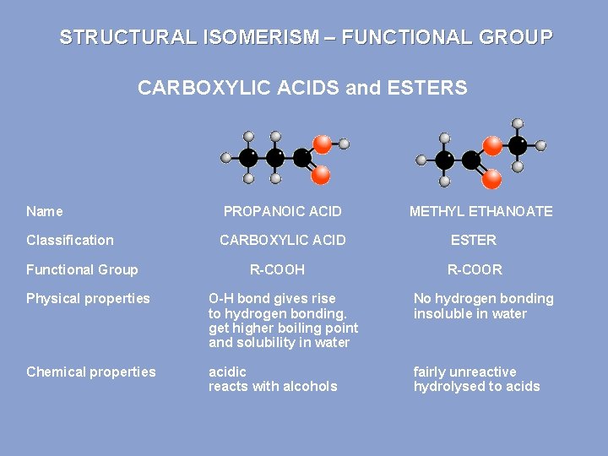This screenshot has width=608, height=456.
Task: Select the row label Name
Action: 44,211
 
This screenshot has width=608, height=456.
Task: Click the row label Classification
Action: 69,240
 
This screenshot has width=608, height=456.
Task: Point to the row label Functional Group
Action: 82,269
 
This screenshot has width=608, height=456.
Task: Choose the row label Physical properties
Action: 88,298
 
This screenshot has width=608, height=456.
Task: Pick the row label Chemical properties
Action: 91,372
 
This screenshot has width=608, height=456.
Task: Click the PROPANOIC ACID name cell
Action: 282,211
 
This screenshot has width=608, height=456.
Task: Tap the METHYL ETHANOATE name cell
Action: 480,211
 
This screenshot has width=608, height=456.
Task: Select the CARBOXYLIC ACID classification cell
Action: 282,240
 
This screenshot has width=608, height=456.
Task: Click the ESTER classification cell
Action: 473,240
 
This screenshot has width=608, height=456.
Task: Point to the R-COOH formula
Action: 277,269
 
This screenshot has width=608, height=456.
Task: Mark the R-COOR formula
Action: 475,269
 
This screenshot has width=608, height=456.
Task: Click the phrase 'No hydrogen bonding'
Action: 483,298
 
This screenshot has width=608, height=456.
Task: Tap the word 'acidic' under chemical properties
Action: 227,372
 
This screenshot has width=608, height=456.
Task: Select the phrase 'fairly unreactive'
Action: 464,372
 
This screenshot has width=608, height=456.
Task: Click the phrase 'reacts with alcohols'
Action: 273,386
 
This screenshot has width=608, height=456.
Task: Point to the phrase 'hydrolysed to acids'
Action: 476,386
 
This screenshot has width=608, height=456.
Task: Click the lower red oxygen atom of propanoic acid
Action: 321,175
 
